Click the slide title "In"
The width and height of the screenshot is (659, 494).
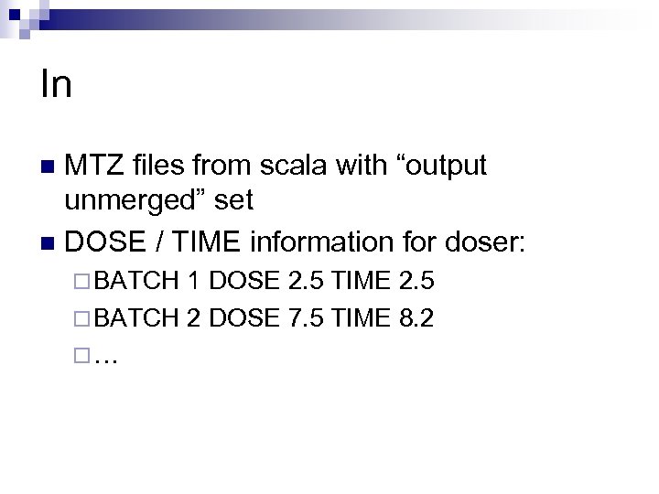coord(56,84)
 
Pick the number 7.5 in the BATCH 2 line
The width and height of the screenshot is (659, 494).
coord(307,317)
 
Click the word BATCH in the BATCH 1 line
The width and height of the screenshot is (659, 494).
coord(136,280)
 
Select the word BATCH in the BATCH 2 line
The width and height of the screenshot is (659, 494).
coord(136,317)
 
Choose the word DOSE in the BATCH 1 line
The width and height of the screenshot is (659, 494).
coord(243,280)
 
